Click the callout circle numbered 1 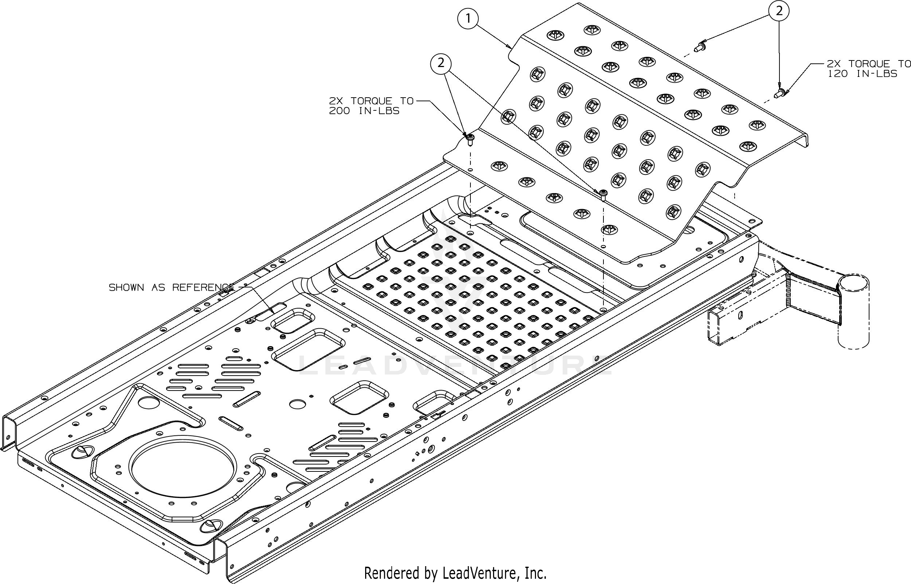tap(468, 19)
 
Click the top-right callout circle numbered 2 tap(779, 11)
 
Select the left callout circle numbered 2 tap(441, 63)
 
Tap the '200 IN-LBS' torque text tap(364, 111)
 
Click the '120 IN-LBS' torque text tap(862, 74)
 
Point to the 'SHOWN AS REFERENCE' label tap(171, 287)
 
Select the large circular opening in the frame tap(183, 466)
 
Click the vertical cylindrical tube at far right tap(853, 315)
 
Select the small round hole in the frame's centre tap(297, 404)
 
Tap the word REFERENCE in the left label tap(203, 287)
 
